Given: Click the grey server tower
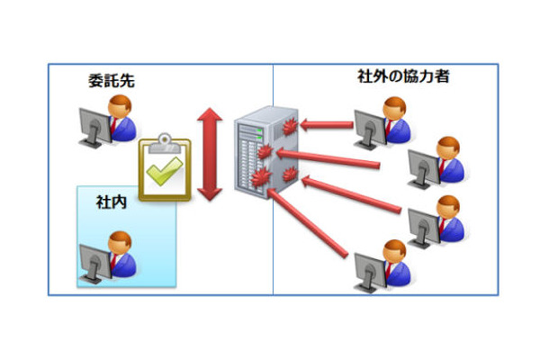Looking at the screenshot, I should coord(253,155).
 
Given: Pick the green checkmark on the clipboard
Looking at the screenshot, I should coord(165,171).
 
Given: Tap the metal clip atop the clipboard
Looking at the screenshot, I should coord(165,141).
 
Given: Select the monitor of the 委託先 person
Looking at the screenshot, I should coord(94,126).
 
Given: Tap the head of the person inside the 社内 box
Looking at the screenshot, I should coord(120,240).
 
